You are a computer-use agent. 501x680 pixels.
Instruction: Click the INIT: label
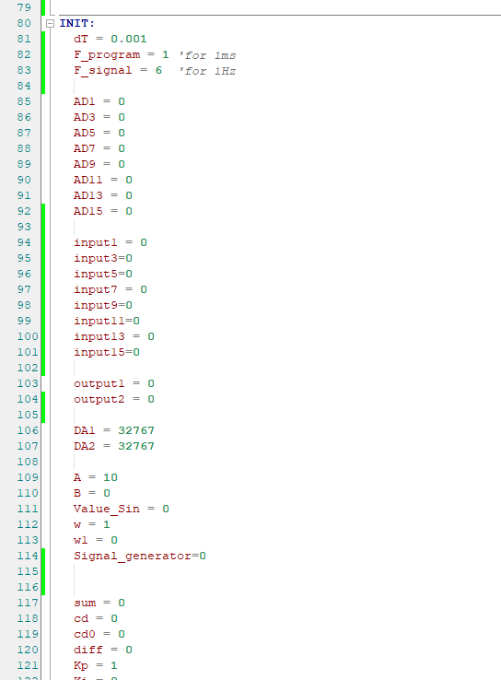(76, 23)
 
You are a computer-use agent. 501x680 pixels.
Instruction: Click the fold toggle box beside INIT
(51, 23)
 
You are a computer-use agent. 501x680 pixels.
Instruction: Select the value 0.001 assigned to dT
(129, 39)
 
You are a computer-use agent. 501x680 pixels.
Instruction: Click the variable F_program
(107, 55)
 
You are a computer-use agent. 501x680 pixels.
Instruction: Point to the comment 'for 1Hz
(207, 71)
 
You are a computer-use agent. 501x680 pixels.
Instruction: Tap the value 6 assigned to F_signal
(158, 70)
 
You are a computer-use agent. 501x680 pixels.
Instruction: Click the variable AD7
(84, 148)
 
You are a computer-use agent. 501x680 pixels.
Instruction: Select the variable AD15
(88, 211)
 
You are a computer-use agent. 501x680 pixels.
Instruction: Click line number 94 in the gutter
(24, 242)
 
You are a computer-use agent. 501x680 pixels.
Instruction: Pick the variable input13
(99, 337)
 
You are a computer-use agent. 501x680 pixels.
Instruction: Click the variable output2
(99, 399)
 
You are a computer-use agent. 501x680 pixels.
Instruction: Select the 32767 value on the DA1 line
(136, 430)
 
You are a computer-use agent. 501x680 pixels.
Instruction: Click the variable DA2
(84, 446)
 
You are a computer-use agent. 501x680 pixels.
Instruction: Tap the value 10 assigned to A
(111, 477)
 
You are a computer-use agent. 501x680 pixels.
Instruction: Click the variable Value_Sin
(107, 510)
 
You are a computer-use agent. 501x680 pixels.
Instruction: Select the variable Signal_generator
(133, 557)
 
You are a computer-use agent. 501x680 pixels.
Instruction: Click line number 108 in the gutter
(28, 462)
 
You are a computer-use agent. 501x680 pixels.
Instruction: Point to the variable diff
(88, 650)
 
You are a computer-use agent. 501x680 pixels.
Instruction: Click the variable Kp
(81, 665)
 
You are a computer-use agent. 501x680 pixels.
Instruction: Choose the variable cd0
(84, 634)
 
